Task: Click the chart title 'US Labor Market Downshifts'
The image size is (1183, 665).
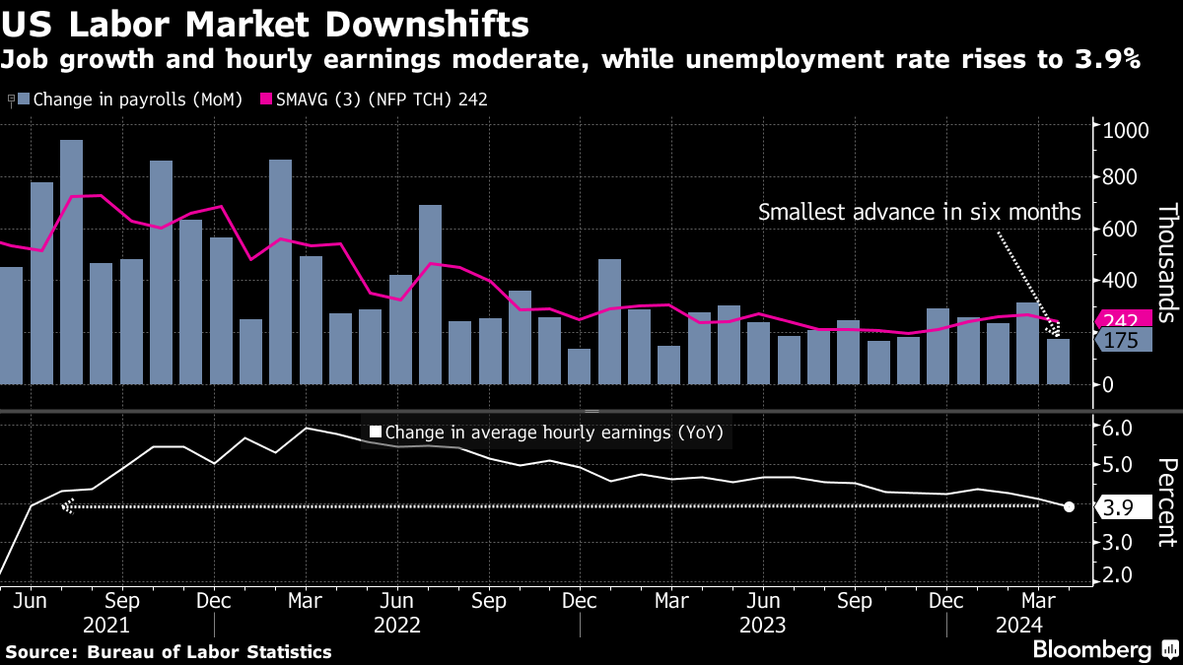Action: click(265, 23)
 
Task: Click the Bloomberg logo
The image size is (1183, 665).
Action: click(1092, 650)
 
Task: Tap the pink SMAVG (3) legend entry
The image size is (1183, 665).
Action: click(380, 100)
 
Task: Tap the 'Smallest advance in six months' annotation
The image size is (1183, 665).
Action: click(919, 212)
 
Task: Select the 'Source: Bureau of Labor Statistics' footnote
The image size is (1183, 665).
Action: click(169, 651)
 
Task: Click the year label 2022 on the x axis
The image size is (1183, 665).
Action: click(398, 625)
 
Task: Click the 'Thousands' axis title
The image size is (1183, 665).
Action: click(1167, 263)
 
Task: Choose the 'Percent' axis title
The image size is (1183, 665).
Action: click(1167, 501)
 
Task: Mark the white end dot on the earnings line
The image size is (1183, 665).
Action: click(1070, 506)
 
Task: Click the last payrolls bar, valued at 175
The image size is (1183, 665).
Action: click(1058, 362)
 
